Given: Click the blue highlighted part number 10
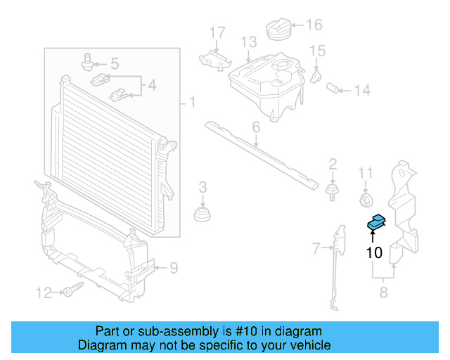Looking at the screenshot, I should coord(376,223).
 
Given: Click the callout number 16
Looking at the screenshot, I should coord(314,25).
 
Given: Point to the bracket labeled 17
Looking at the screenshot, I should coord(214,58).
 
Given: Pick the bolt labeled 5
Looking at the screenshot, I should coord(88,62).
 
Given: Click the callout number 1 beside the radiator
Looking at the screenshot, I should coord(191,104).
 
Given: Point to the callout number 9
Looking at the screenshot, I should coord(174,267).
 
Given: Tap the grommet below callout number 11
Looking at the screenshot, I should coord(365,200).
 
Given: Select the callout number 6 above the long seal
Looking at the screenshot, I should coord(256,127).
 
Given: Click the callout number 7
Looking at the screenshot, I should coord(316,247).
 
